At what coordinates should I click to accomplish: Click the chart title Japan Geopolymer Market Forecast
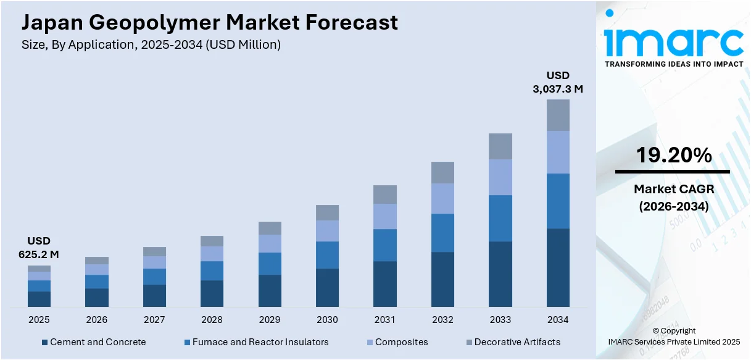pyautogui.click(x=210, y=22)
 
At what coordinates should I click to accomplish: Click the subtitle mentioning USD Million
pyautogui.click(x=151, y=45)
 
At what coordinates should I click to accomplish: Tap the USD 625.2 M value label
pyautogui.click(x=38, y=247)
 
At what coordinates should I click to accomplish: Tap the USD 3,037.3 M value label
pyautogui.click(x=558, y=82)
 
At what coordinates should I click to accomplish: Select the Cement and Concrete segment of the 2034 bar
pyautogui.click(x=558, y=267)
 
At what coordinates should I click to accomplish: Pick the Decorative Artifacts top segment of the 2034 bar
pyautogui.click(x=558, y=115)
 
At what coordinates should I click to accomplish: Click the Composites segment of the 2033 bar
pyautogui.click(x=500, y=177)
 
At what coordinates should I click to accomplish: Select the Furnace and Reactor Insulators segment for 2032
pyautogui.click(x=442, y=233)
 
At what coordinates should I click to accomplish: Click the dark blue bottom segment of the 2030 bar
pyautogui.click(x=327, y=287)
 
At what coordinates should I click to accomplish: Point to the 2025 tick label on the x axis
pyautogui.click(x=38, y=320)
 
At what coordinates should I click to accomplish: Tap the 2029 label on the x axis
pyautogui.click(x=269, y=320)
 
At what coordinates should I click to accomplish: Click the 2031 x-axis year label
pyautogui.click(x=384, y=320)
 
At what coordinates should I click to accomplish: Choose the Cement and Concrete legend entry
pyautogui.click(x=94, y=342)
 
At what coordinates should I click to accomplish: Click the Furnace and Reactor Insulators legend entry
pyautogui.click(x=256, y=342)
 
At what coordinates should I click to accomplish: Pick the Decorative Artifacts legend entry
pyautogui.click(x=512, y=342)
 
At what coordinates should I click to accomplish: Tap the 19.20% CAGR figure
pyautogui.click(x=673, y=155)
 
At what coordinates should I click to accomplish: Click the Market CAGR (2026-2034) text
pyautogui.click(x=673, y=197)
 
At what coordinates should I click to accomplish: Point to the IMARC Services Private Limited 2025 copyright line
pyautogui.click(x=673, y=341)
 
